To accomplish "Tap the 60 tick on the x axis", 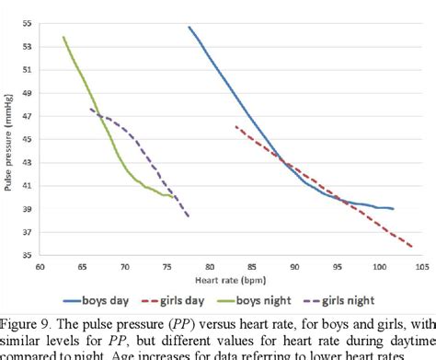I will (x=40, y=267).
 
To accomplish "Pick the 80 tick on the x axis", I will (x=210, y=267).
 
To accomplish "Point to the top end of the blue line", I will (x=189, y=27).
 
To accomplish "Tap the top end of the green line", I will (x=63, y=37).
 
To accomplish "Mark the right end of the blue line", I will (x=394, y=209).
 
